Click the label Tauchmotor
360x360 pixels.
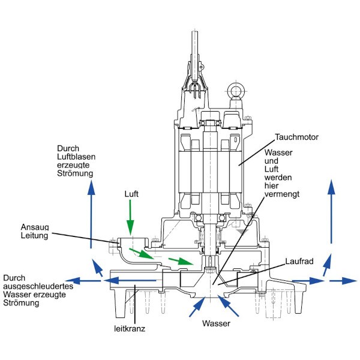tap(297, 137)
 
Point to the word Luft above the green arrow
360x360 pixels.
tap(131, 194)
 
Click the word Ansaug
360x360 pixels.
tap(33, 227)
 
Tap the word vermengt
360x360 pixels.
tap(279, 195)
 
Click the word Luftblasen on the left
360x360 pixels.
tap(76, 156)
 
